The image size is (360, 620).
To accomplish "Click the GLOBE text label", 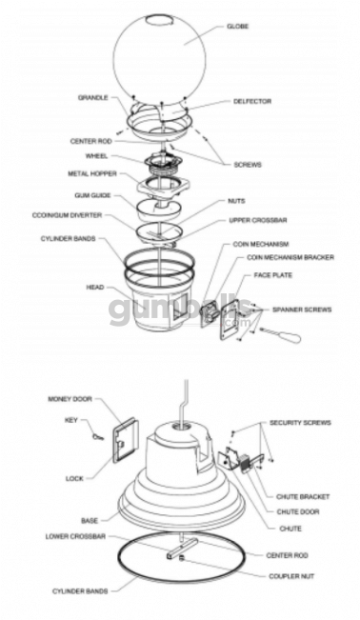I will click(238, 27).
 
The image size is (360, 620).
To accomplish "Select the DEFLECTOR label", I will click(252, 101).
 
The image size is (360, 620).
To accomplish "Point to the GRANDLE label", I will click(93, 97).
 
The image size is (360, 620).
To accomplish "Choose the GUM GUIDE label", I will click(94, 195).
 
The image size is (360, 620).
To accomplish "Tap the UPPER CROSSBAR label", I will click(252, 220).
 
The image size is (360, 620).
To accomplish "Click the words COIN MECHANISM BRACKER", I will click(290, 257).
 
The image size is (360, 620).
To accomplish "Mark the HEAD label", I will click(95, 286).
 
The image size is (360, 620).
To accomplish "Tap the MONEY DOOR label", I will click(70, 399).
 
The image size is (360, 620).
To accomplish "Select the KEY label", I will click(70, 418).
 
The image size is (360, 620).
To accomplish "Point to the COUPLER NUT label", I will click(290, 575).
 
